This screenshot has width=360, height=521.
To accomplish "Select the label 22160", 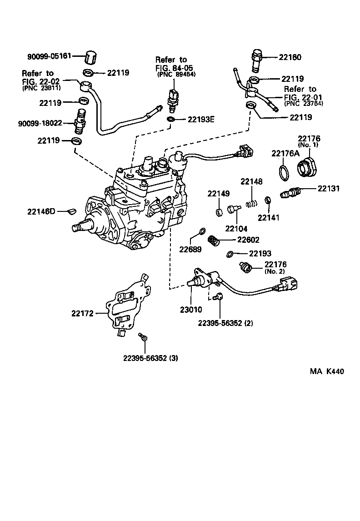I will [x=290, y=58].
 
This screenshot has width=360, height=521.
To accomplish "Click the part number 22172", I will [x=82, y=313].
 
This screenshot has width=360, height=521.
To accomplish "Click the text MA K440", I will [x=326, y=371].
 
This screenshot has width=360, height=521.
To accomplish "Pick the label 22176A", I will [x=285, y=153].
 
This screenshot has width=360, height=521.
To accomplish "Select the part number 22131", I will [x=329, y=188].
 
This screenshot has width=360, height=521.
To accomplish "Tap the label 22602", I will [x=248, y=240].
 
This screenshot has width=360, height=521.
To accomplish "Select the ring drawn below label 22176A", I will [x=283, y=173].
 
